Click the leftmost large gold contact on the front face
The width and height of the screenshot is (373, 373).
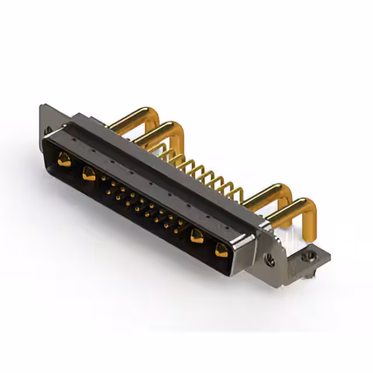[x=64, y=159]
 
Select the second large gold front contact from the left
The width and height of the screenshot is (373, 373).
[x=89, y=173]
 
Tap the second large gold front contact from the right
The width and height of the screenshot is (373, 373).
[x=197, y=236]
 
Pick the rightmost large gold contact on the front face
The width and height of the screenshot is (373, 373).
[x=221, y=251]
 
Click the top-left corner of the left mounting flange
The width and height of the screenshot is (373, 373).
[x=43, y=107]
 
